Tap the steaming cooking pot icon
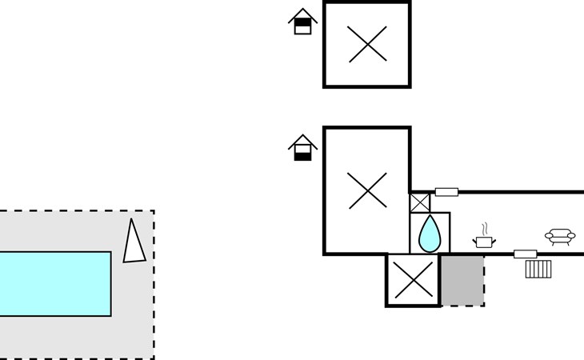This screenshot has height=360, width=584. pyautogui.click(x=484, y=241)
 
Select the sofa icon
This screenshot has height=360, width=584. pyautogui.click(x=560, y=236)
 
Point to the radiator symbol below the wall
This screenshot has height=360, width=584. pyautogui.click(x=538, y=269)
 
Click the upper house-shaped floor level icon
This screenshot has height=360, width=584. pyautogui.click(x=302, y=21)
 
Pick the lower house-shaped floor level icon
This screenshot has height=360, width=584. pyautogui.click(x=302, y=148)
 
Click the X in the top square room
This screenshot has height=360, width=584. pyautogui.click(x=367, y=44)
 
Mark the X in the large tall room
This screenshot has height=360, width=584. pyautogui.click(x=367, y=190)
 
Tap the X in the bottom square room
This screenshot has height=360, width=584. pyautogui.click(x=413, y=280)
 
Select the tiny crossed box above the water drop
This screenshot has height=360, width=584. pyautogui.click(x=420, y=202)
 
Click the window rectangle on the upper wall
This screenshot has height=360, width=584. pyautogui.click(x=446, y=192)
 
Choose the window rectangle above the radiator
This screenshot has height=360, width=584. pyautogui.click(x=525, y=254)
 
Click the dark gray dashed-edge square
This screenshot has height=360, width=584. pyautogui.click(x=462, y=280)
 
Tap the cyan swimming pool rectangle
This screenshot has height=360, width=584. pyautogui.click(x=54, y=284)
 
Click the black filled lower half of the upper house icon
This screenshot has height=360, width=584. pyautogui.click(x=302, y=29)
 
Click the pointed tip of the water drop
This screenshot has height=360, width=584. pyautogui.click(x=430, y=217)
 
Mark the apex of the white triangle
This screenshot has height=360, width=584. pyautogui.click(x=134, y=219)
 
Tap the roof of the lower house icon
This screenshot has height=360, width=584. pyautogui.click(x=302, y=140)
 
